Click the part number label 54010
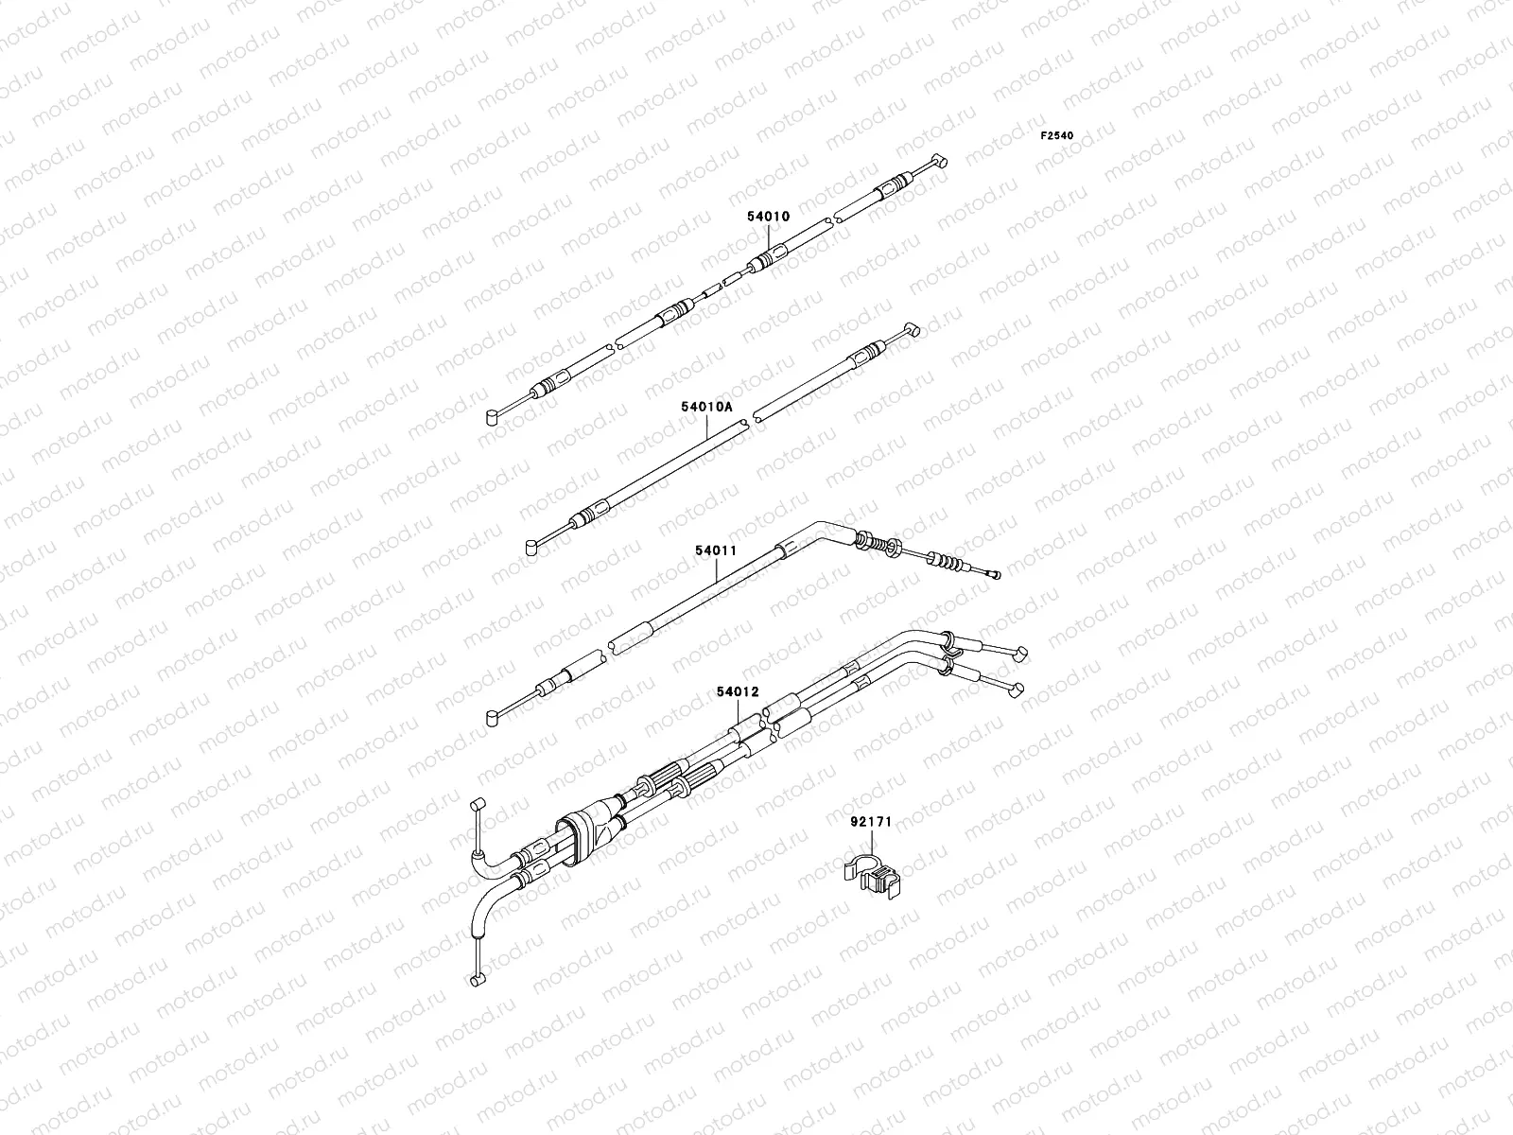coord(767,217)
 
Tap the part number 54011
coord(715,550)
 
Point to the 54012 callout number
coord(738,692)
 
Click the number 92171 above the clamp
coord(870,822)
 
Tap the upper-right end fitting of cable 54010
coord(938,162)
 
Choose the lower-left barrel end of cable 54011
coord(493,719)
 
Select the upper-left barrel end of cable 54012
coord(478,806)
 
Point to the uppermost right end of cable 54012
coord(1021,652)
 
